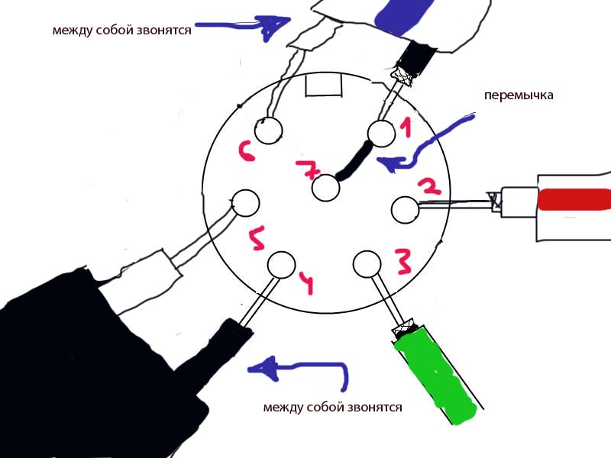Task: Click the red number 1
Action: (x=406, y=127)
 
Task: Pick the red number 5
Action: (x=257, y=239)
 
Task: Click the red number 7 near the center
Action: (x=309, y=170)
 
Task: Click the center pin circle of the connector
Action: (x=326, y=188)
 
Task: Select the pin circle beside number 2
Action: (x=404, y=209)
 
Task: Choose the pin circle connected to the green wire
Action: (x=367, y=263)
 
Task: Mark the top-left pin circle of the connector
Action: (x=268, y=131)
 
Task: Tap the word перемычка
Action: (x=518, y=96)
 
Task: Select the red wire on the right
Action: (x=573, y=201)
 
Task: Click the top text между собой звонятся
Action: (x=121, y=31)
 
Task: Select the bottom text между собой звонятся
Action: (x=332, y=407)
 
